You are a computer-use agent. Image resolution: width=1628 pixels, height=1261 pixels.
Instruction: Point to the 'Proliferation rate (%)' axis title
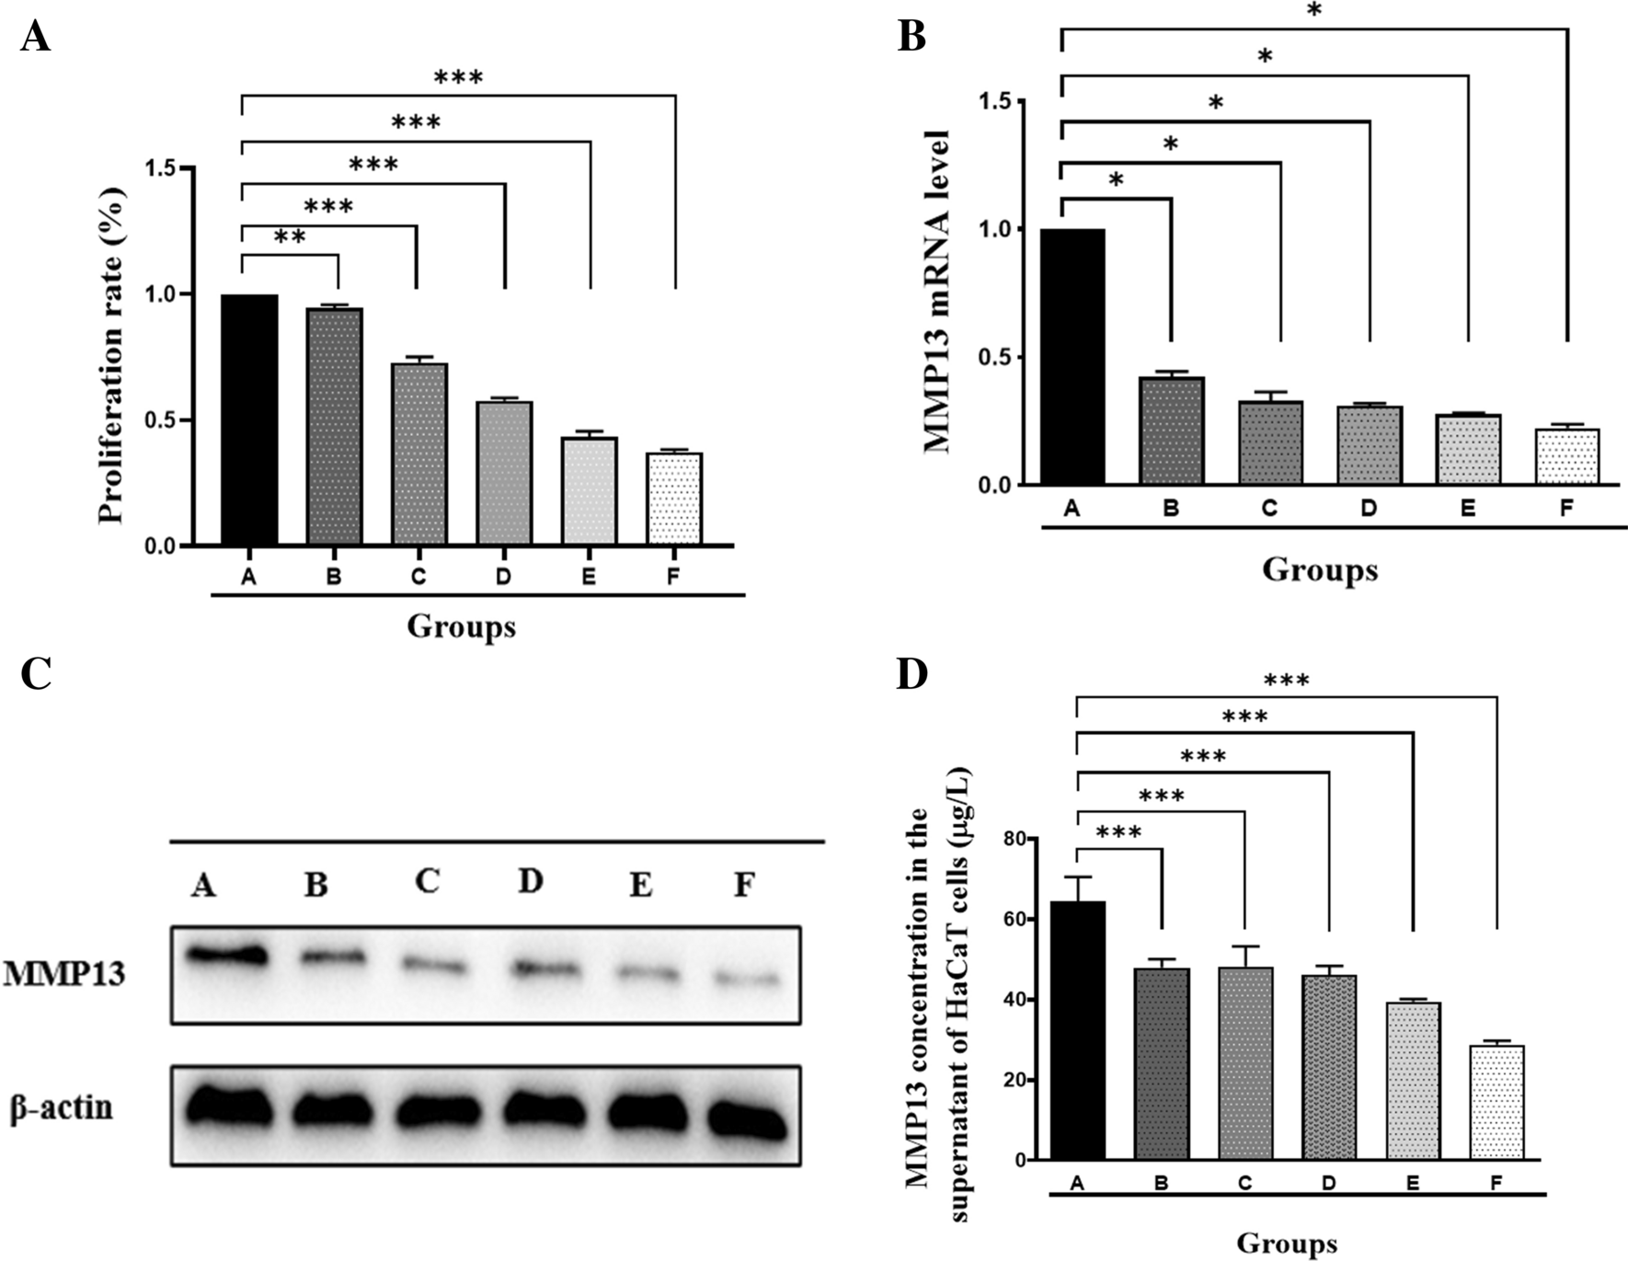[111, 356]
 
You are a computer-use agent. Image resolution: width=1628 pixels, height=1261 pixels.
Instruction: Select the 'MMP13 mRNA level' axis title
[936, 292]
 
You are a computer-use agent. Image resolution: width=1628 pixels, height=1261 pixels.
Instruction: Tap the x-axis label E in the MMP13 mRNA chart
[1467, 509]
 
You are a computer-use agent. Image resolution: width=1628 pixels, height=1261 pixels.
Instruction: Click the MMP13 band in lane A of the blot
[225, 957]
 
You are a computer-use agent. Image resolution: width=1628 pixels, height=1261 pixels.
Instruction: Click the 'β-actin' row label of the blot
[62, 1107]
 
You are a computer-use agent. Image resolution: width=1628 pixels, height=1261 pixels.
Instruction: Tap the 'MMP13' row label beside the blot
[64, 973]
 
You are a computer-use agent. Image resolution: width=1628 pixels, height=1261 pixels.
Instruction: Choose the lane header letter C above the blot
[427, 881]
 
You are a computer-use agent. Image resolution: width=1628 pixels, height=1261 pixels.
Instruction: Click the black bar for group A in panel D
[1078, 1030]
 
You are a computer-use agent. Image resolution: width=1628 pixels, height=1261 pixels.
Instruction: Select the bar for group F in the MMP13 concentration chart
[1496, 1102]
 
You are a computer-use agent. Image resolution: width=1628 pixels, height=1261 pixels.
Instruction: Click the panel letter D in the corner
[912, 674]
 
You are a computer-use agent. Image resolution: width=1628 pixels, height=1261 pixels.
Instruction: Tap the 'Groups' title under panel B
[1319, 569]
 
